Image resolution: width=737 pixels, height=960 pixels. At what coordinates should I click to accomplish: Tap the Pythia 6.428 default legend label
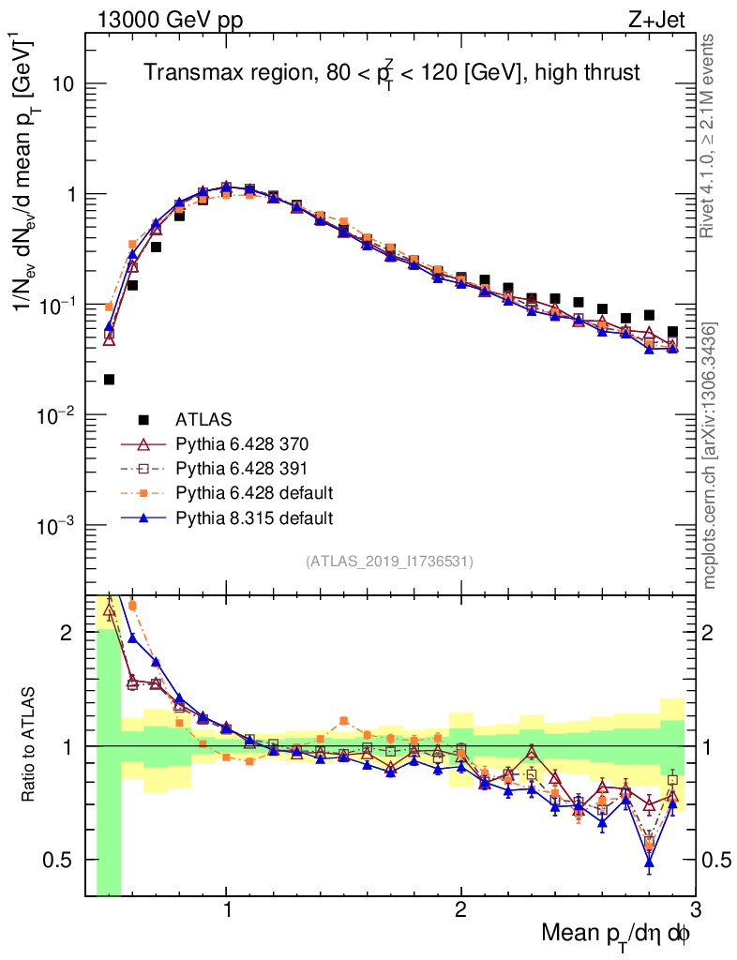pos(253,492)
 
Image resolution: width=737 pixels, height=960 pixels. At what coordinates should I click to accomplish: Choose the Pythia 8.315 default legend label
pos(253,517)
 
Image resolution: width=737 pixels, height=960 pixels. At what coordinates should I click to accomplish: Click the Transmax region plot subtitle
pos(391,72)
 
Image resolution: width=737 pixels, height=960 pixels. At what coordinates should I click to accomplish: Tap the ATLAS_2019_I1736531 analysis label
pos(389,562)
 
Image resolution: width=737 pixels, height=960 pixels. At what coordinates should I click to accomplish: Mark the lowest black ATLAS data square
pos(109,380)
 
